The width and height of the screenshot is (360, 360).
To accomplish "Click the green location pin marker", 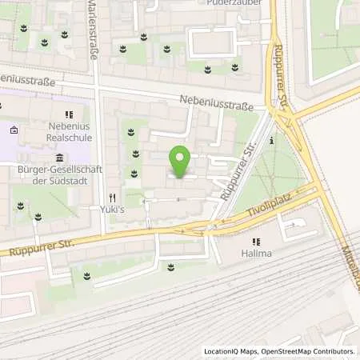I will point(180,162).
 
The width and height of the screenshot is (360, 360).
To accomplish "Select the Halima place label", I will point(257,255).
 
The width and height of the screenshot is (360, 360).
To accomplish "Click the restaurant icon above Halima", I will point(256,242).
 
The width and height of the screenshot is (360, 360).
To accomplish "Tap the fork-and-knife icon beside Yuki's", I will point(112,197).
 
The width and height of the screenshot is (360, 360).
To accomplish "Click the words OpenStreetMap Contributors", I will point(308,351).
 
